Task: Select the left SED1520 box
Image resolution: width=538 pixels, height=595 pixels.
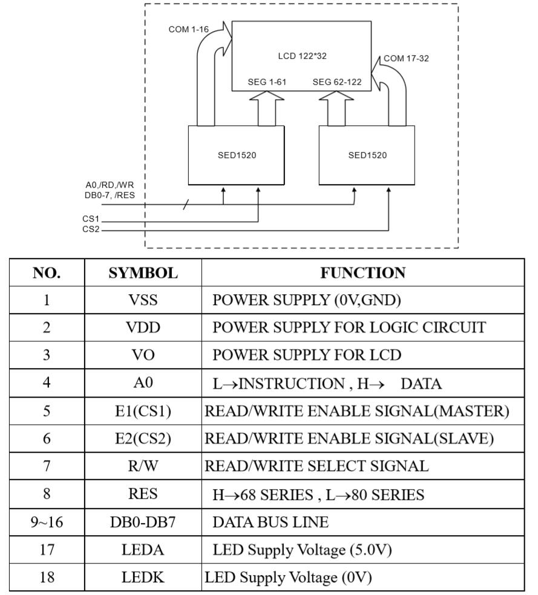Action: pos(237,155)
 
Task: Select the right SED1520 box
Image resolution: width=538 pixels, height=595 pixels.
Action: pos(367,155)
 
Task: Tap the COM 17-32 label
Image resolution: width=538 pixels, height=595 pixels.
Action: pos(406,59)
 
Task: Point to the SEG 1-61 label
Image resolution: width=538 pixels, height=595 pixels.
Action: pos(267,82)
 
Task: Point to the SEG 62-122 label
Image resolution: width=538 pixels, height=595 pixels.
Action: pos(337,82)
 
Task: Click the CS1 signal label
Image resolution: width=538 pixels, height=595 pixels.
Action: pos(91,219)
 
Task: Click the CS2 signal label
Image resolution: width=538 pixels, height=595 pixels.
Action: pos(91,229)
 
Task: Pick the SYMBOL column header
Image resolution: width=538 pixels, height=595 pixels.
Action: pos(143,273)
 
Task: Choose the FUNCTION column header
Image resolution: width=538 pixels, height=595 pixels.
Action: pos(363,273)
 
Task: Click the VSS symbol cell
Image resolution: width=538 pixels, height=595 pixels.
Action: pos(143,300)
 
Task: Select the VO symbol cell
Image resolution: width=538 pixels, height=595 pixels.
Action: pos(143,355)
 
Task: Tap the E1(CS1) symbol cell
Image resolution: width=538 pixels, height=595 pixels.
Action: pos(143,411)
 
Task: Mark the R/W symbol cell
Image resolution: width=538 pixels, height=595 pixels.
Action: pos(143,466)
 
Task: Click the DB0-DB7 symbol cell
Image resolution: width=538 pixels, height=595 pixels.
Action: pos(143,522)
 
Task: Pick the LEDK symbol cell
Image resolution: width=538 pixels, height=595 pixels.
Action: pos(143,577)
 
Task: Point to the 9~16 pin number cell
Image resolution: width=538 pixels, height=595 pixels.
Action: pos(47,522)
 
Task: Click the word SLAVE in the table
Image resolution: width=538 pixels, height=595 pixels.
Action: pos(465,439)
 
